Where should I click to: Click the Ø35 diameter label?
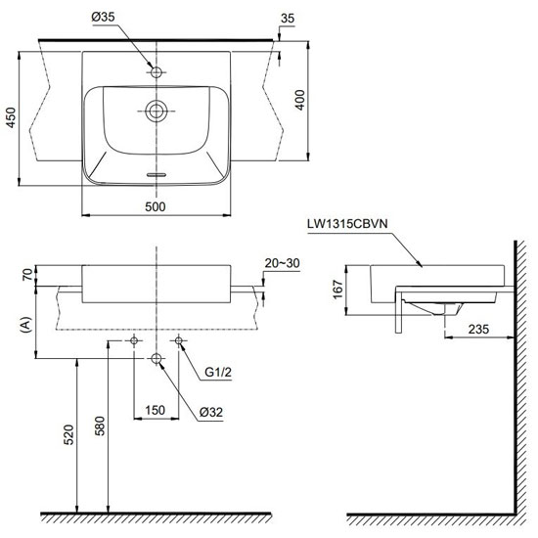[104, 17]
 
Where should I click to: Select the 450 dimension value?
[12, 117]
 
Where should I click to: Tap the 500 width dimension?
[156, 207]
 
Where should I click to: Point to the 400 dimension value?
[300, 100]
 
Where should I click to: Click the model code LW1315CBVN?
[347, 224]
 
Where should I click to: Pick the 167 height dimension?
[338, 290]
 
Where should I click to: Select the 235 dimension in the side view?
[478, 330]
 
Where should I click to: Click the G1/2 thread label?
[218, 372]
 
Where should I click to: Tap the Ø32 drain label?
[211, 412]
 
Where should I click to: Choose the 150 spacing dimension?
[156, 410]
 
